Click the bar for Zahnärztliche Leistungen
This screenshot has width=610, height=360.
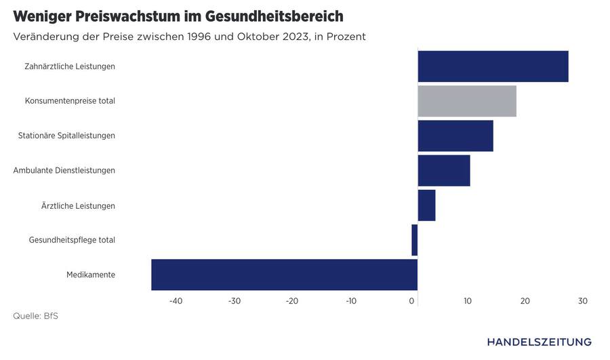pos(493,66)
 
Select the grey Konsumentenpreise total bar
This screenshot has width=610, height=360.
pos(467,101)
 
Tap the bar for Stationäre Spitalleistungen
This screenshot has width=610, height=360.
pos(455,136)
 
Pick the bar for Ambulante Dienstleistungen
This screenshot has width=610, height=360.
pos(444,170)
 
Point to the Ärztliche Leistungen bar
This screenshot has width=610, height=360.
pos(426,205)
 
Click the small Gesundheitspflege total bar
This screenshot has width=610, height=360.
pos(414,240)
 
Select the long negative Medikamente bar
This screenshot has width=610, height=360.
pos(284,275)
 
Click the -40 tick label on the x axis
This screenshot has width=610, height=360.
pos(176,301)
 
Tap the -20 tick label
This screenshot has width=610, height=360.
pos(292,301)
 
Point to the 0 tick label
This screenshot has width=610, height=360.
pos(412,301)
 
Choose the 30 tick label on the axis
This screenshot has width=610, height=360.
pos(582,301)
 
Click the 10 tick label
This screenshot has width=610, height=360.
pos(467,301)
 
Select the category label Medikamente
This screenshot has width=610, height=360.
pos(91,275)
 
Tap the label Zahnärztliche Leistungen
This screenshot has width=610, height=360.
pos(70,66)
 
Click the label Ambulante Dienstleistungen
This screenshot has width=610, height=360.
pos(64,170)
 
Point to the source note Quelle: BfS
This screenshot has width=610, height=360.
pos(35,316)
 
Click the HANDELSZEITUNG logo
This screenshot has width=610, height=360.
pos(539,342)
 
